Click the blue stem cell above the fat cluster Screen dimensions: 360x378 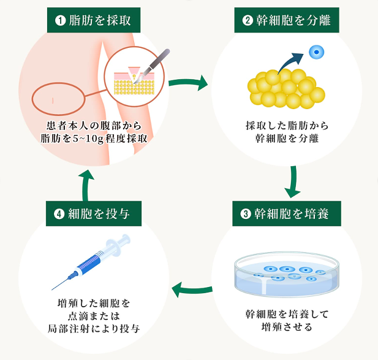[316, 53]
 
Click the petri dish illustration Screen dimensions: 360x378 [286, 274]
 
